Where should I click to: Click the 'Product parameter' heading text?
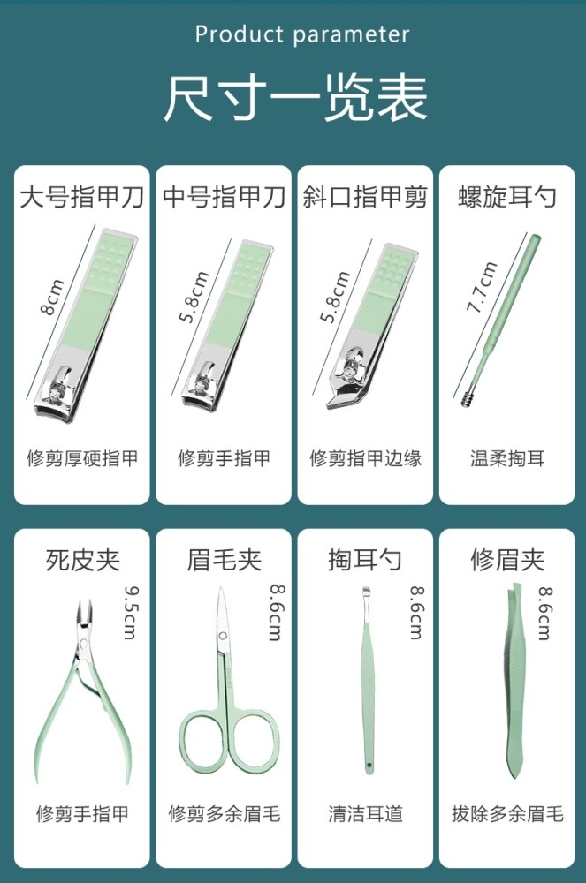click(302, 35)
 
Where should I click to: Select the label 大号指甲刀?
click(81, 197)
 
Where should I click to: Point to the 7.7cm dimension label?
click(482, 287)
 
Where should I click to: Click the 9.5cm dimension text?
click(130, 612)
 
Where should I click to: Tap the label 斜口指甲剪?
click(365, 197)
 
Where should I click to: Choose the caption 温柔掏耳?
click(507, 458)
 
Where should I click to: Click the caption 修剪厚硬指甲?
click(82, 458)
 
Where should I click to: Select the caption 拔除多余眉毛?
click(507, 814)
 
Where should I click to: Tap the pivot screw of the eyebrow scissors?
click(223, 637)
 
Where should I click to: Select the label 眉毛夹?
click(224, 561)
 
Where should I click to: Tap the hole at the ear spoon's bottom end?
click(369, 766)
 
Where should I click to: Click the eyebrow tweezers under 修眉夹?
click(514, 682)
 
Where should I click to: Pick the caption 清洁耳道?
click(365, 814)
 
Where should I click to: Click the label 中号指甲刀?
click(224, 197)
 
